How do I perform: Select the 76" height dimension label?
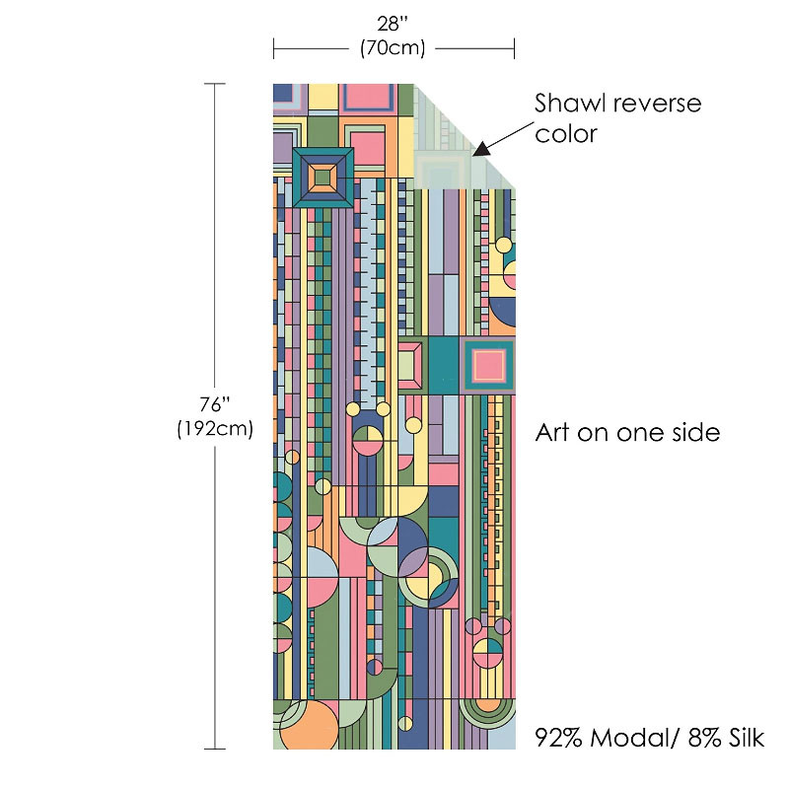point(215,405)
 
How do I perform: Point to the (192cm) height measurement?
point(215,429)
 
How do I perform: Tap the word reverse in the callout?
point(656,104)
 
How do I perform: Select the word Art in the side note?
point(554,432)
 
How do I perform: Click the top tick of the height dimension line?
point(215,85)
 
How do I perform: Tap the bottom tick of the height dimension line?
point(215,749)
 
